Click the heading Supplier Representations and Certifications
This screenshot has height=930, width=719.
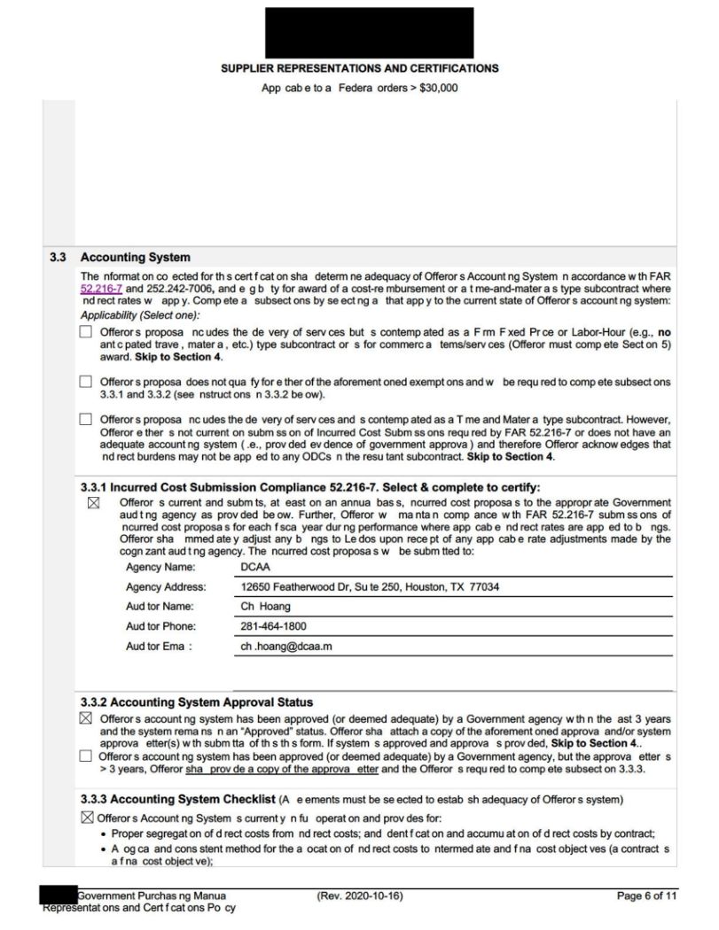[359, 68]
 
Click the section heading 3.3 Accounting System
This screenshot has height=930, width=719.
[135, 258]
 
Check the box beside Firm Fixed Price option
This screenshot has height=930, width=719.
[86, 332]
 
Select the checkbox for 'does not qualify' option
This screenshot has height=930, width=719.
[86, 382]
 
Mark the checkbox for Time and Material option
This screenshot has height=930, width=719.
[86, 419]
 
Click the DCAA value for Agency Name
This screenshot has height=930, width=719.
[255, 568]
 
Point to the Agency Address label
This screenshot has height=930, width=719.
[166, 586]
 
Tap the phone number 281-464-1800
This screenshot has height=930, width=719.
[273, 626]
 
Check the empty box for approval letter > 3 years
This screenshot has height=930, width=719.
[86, 756]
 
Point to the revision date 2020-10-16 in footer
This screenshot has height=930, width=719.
[359, 896]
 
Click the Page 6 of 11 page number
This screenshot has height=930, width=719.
[646, 896]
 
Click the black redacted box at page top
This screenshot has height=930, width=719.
[369, 32]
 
